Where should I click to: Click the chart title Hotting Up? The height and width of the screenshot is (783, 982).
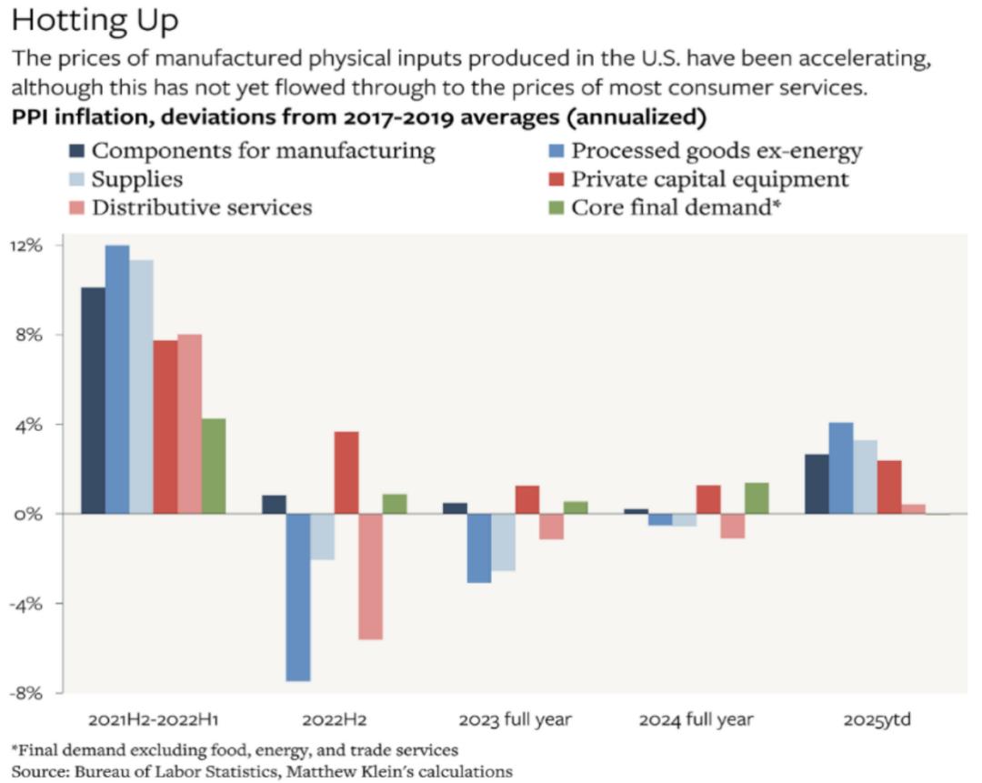pyautogui.click(x=95, y=19)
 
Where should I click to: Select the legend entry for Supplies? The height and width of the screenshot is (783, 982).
pyautogui.click(x=136, y=178)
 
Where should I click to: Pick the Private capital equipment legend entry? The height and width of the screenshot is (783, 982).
pyautogui.click(x=709, y=178)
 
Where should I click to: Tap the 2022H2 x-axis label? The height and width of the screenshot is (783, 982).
pyautogui.click(x=335, y=720)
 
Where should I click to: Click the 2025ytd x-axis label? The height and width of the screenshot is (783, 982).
pyautogui.click(x=877, y=720)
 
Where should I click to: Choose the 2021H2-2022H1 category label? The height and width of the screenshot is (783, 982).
pyautogui.click(x=154, y=720)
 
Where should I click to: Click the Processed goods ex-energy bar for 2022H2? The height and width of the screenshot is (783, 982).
pyautogui.click(x=298, y=597)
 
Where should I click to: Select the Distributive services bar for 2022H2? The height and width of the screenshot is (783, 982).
pyautogui.click(x=370, y=577)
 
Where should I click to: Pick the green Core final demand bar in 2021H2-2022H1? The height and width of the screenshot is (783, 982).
pyautogui.click(x=214, y=466)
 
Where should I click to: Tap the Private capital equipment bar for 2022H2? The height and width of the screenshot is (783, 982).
pyautogui.click(x=346, y=473)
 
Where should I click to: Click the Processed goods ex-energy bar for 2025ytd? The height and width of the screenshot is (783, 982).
pyautogui.click(x=841, y=467)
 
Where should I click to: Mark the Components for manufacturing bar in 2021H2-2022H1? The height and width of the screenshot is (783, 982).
pyautogui.click(x=93, y=400)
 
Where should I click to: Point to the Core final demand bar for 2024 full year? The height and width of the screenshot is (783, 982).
pyautogui.click(x=757, y=498)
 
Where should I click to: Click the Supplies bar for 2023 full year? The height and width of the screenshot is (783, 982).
pyautogui.click(x=503, y=542)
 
